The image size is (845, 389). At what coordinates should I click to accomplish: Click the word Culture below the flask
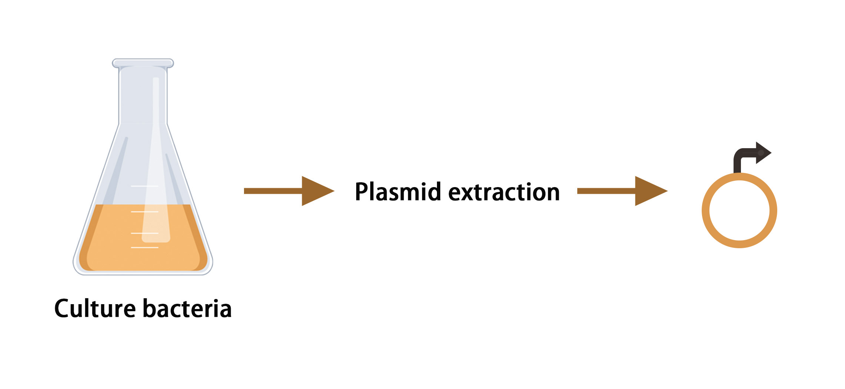(x=95, y=309)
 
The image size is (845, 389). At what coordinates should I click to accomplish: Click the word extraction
(x=504, y=192)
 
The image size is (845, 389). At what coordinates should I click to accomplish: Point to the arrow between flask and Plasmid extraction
(x=289, y=191)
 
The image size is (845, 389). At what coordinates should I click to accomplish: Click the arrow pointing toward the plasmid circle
(x=622, y=191)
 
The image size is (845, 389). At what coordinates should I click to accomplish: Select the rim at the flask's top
(x=143, y=63)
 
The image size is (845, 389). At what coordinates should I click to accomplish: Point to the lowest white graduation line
(x=145, y=247)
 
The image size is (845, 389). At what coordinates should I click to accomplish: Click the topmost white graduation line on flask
(x=145, y=186)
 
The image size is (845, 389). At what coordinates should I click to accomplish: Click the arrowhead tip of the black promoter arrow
(x=771, y=153)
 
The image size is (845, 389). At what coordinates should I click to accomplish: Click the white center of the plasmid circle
(x=739, y=210)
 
